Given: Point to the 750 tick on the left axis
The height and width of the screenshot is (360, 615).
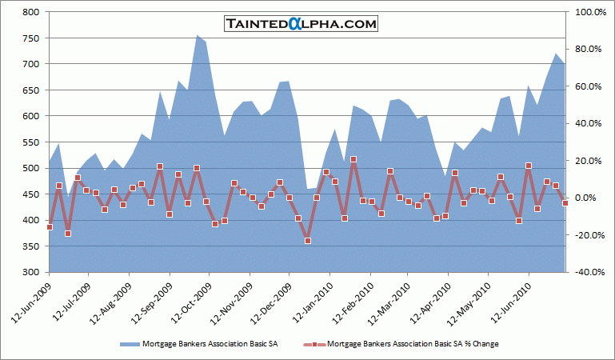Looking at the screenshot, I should point(31,38).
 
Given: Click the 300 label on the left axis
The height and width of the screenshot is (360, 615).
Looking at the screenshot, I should point(31,272).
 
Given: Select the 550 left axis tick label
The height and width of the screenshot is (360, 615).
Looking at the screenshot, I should point(31,142).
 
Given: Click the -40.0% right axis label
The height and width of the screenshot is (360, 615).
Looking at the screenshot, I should point(585,272).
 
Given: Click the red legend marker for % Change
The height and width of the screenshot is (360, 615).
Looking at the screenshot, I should point(314,345).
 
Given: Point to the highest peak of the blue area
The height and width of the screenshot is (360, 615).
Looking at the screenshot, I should point(198,35).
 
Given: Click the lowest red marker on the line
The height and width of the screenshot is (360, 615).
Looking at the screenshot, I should point(307,240).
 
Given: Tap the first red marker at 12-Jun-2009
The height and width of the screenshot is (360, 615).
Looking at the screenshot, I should point(50,227).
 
